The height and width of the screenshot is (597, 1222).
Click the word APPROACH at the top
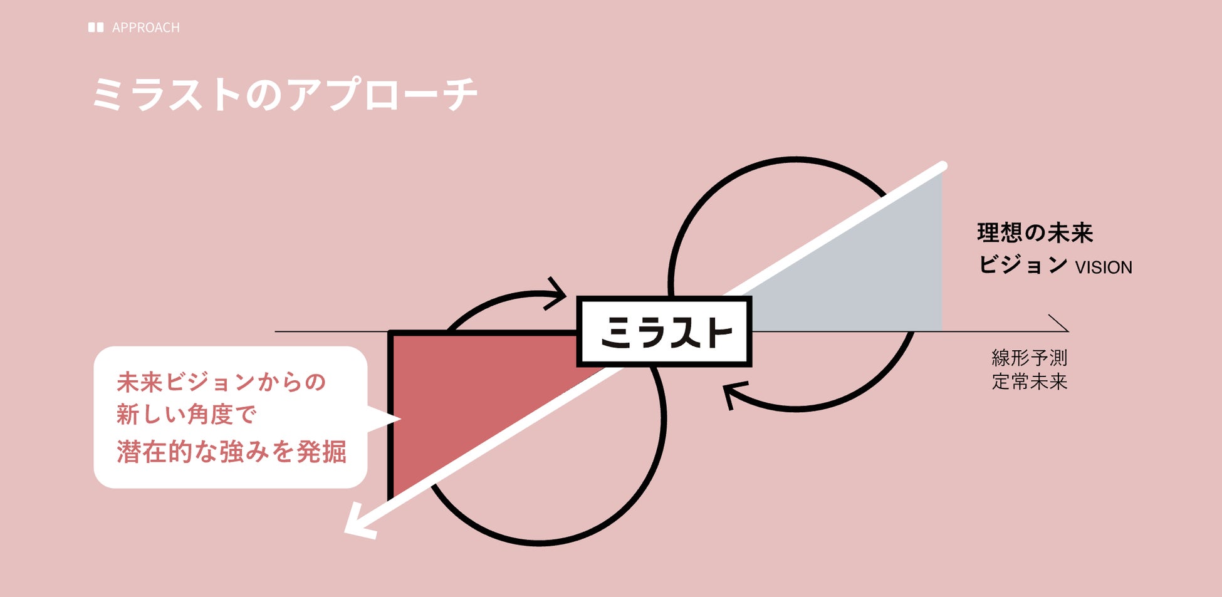click(145, 28)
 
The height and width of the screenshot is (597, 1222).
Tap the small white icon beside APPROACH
click(96, 28)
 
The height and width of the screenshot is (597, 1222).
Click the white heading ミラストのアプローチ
click(285, 95)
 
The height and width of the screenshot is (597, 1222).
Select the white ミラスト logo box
click(664, 331)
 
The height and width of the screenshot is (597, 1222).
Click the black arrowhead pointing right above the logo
click(556, 293)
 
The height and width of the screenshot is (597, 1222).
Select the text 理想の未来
click(1035, 233)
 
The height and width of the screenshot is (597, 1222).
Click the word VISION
click(1104, 267)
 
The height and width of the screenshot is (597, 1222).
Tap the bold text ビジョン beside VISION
click(1023, 264)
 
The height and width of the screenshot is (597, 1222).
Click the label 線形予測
click(1029, 358)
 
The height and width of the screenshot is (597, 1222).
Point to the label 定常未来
click(1029, 382)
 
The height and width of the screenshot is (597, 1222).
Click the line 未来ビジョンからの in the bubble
click(221, 382)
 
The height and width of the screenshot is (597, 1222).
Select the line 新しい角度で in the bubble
click(187, 415)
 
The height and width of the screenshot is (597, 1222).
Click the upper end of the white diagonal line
click(941, 167)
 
